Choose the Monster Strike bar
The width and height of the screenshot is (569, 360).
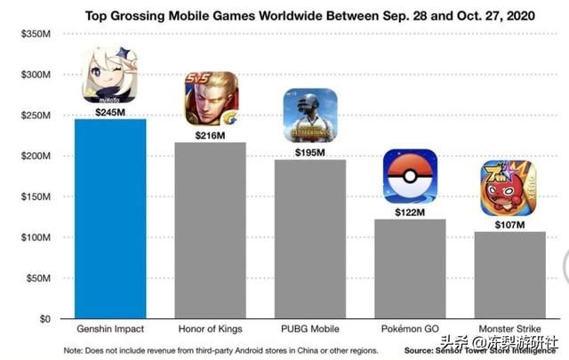[509, 275]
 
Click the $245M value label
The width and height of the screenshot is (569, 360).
[110, 112]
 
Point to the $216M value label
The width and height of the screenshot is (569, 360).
[210, 135]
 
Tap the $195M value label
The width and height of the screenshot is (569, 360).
[309, 152]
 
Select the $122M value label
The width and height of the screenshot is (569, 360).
[409, 212]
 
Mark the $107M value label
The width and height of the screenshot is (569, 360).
[509, 224]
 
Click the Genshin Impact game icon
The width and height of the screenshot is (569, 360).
[110, 76]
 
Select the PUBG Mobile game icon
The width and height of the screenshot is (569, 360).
[309, 116]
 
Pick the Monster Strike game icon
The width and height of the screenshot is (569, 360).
[509, 188]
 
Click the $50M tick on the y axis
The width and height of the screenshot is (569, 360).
[36, 278]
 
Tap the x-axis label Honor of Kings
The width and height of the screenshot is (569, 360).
[210, 330]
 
